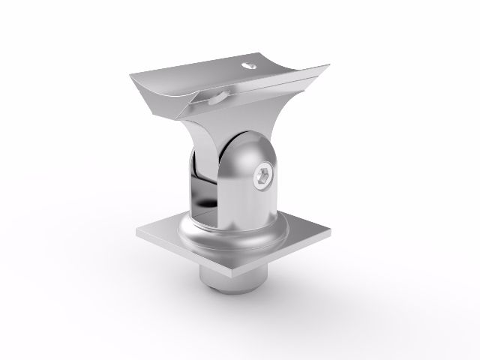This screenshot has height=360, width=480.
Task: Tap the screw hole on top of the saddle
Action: [x=248, y=65]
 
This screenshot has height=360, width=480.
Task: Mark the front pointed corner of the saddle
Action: [x=180, y=114]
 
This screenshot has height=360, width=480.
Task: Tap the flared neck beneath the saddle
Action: [x=210, y=131]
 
